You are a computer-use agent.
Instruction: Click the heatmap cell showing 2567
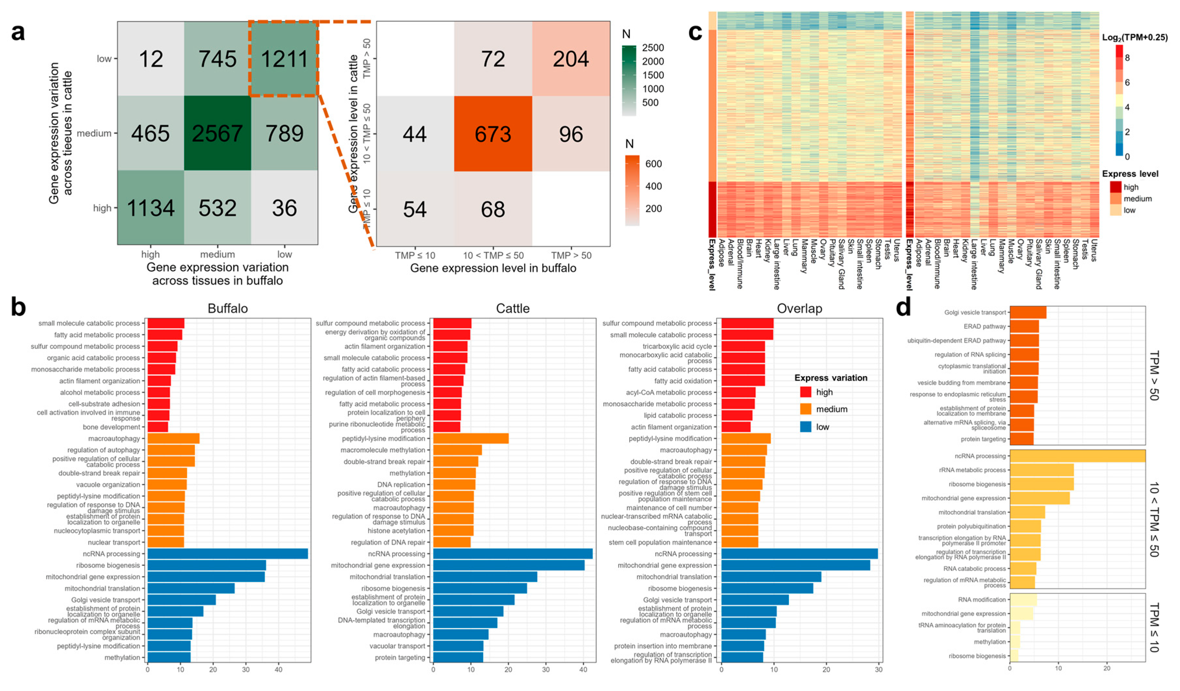pyautogui.click(x=217, y=133)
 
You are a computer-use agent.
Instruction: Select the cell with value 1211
pyautogui.click(x=284, y=59)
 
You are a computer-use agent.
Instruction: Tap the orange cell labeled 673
pyautogui.click(x=493, y=134)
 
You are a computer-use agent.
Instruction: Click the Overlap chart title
pyautogui.click(x=799, y=309)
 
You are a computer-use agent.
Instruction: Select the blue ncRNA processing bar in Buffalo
pyautogui.click(x=227, y=554)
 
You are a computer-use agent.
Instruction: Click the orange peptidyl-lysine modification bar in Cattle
pyautogui.click(x=470, y=439)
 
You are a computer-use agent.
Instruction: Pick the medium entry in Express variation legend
pyautogui.click(x=831, y=409)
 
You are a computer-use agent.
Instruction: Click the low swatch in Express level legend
pyautogui.click(x=1115, y=210)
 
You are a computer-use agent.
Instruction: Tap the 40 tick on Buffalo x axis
pyautogui.click(x=278, y=670)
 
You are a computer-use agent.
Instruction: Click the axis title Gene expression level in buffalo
pyautogui.click(x=493, y=268)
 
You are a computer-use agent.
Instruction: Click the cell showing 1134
pyautogui.click(x=150, y=208)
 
